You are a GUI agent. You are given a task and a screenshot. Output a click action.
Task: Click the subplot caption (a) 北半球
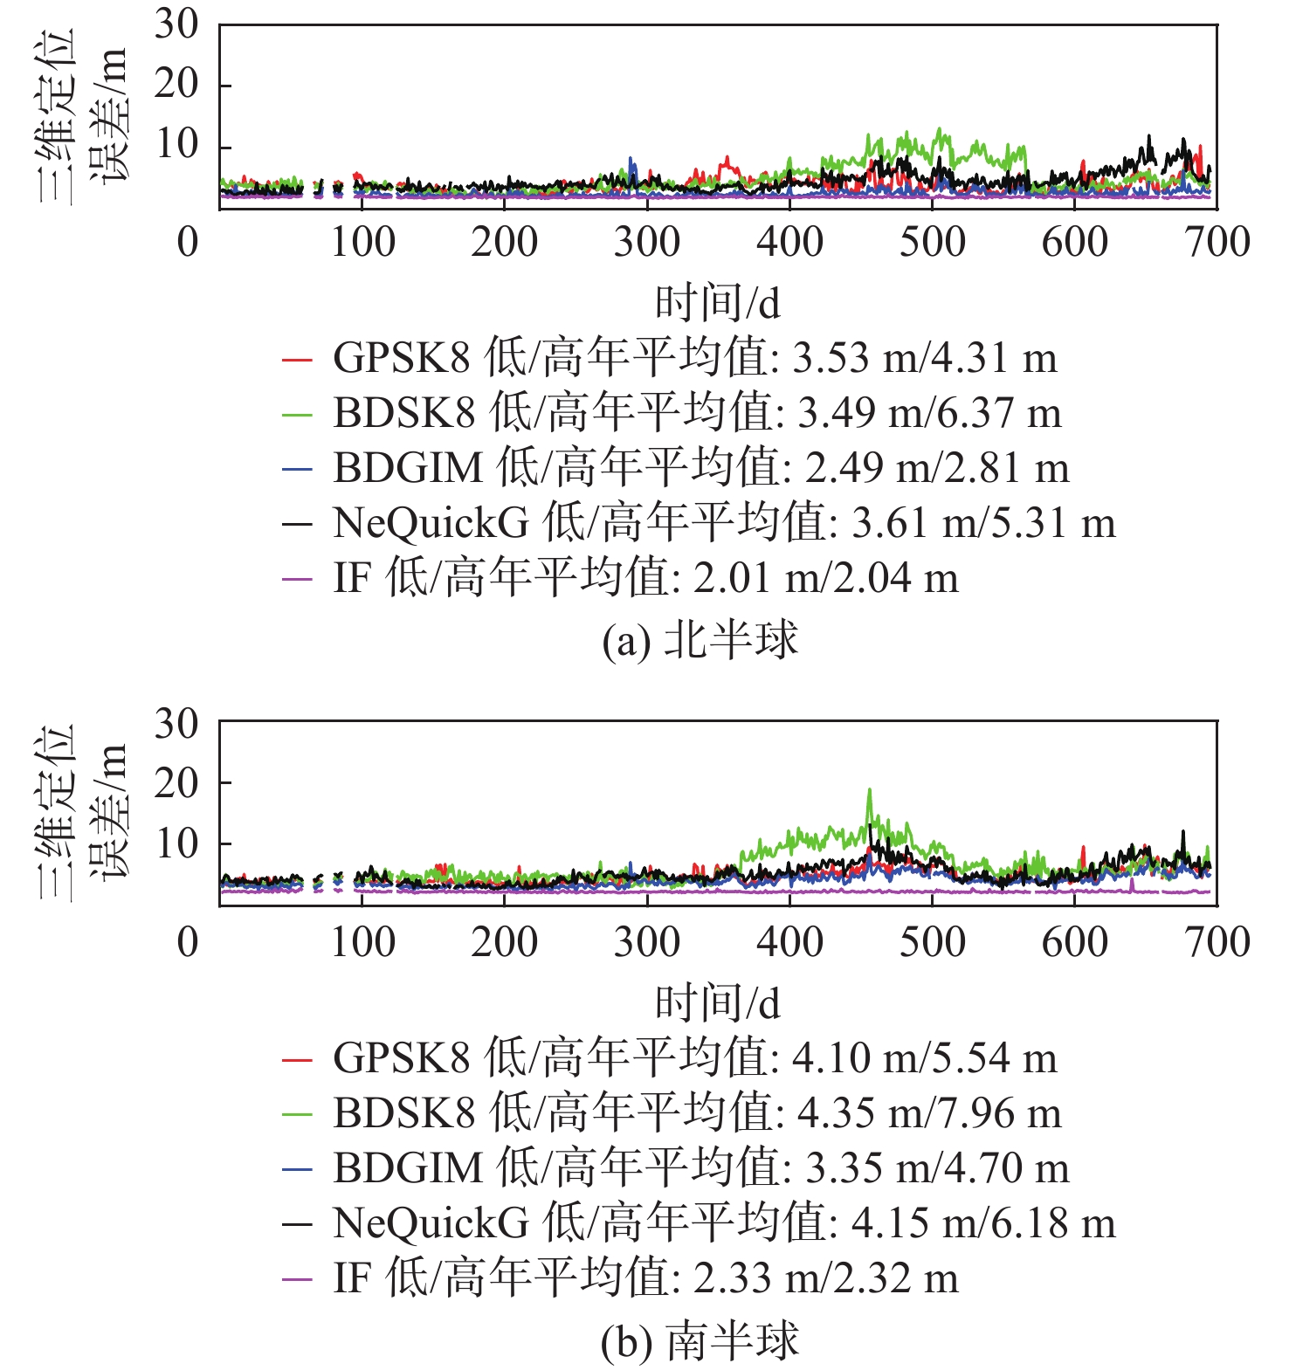click(700, 641)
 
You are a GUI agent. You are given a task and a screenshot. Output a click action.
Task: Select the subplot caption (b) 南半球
click(700, 1341)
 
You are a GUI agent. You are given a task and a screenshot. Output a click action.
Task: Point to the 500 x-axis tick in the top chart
click(932, 242)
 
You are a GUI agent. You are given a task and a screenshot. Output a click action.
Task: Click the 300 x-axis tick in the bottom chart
click(646, 942)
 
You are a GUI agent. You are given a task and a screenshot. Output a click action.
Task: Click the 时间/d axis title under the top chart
click(717, 303)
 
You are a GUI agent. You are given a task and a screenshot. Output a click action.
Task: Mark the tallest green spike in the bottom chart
click(869, 791)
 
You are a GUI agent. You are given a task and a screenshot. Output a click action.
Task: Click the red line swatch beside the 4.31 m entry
click(297, 359)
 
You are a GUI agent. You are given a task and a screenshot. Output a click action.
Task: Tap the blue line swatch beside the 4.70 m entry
click(297, 1169)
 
